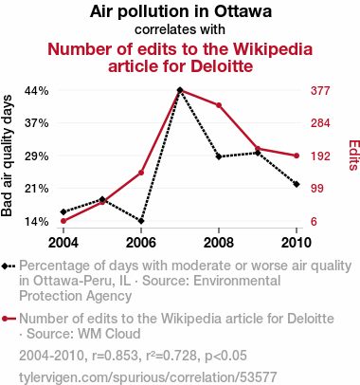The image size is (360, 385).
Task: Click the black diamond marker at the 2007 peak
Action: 180,90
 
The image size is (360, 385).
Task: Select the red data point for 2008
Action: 219,105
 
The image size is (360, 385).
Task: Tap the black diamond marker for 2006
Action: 141,221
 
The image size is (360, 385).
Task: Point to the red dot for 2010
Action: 297,156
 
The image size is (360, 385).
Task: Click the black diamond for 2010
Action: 297,184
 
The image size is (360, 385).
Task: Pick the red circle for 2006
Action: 141,173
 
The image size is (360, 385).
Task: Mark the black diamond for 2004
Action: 63,211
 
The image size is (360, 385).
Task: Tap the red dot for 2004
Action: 63,221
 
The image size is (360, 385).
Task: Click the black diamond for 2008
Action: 219,156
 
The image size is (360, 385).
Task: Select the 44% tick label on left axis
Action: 37,91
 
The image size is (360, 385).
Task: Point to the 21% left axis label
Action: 37,189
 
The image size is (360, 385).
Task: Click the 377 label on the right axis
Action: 320,91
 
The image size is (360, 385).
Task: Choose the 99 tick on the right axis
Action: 317,189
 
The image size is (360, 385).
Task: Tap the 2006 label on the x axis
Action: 141,243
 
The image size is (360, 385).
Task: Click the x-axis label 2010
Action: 296,243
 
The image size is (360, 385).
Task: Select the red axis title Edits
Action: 353,156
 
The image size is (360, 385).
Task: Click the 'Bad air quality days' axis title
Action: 7,156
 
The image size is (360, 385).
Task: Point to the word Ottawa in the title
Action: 243,11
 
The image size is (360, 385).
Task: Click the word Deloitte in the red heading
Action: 222,66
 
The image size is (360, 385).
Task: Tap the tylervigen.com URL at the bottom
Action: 148,377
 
